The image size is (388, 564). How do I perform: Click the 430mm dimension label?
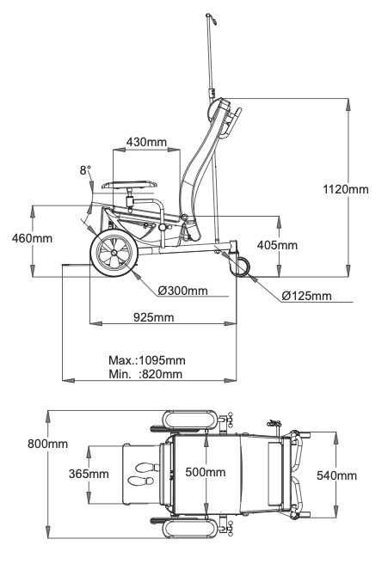pos(146,142)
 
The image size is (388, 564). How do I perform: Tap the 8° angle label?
pos(85,169)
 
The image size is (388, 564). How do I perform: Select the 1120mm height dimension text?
pos(346,189)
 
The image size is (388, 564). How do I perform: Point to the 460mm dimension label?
pos(32,238)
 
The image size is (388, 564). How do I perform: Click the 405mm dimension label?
pos(277,245)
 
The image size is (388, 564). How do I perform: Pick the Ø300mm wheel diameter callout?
pos(183,291)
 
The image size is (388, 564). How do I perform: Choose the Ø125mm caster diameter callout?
pos(306,296)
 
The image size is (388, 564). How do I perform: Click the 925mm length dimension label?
pos(154,317)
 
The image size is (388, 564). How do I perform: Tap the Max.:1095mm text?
pos(147,360)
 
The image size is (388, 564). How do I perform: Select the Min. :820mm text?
pos(145,374)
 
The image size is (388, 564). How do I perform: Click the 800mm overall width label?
pos(48,444)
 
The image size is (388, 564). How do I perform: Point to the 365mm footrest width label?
pos(89,474)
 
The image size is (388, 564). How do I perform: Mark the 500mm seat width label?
pos(206,472)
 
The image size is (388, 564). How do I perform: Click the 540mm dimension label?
pos(336,475)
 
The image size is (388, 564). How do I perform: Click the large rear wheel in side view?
pos(114,254)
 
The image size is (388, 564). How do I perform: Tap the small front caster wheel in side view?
pos(242,267)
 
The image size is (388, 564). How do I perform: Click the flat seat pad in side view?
pos(130,185)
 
